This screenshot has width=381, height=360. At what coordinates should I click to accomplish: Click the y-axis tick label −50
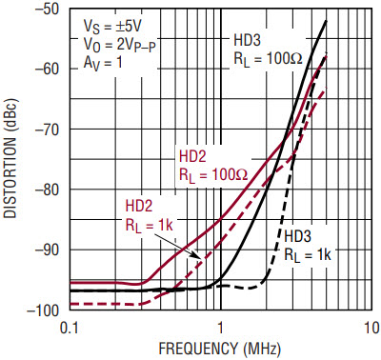(x=45, y=10)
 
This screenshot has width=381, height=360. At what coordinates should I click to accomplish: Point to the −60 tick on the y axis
(x=45, y=70)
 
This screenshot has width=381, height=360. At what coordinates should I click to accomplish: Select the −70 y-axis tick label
(x=45, y=130)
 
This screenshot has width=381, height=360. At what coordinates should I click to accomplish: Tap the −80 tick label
(x=45, y=190)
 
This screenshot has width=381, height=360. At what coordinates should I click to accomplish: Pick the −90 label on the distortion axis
(x=45, y=250)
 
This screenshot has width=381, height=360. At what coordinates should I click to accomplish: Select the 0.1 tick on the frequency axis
(x=70, y=328)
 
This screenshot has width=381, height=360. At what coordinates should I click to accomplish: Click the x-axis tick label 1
(x=220, y=328)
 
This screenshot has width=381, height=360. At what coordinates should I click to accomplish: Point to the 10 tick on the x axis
(x=371, y=328)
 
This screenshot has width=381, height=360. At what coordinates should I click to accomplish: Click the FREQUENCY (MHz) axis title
(x=220, y=349)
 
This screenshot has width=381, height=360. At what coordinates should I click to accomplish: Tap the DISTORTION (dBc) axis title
(x=11, y=158)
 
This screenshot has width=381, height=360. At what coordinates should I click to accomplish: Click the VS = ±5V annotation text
(x=112, y=27)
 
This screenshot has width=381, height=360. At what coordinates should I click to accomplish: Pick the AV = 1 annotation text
(x=103, y=62)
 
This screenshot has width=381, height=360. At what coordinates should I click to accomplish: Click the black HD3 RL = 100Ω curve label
(x=269, y=50)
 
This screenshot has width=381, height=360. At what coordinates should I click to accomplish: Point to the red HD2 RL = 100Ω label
(x=213, y=166)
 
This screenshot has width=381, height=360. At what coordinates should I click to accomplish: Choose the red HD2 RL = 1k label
(x=150, y=215)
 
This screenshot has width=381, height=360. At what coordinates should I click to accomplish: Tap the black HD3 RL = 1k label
(x=308, y=246)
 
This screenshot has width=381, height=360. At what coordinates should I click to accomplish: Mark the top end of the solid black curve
(x=326, y=21)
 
